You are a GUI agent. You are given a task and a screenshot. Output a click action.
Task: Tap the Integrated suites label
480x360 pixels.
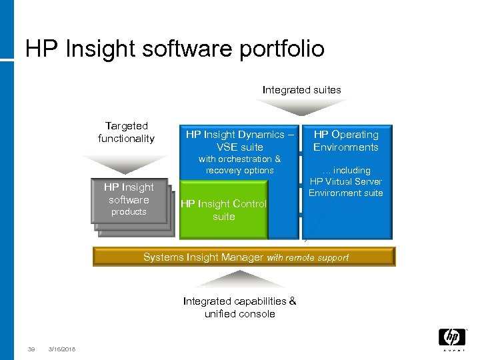tap(301, 89)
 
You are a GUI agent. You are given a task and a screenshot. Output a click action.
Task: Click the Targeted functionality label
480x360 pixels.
tap(126, 132)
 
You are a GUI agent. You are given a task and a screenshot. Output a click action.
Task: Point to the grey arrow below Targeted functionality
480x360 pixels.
tap(126, 164)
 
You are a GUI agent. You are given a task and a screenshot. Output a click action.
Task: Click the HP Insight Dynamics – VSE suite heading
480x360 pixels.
tap(239, 141)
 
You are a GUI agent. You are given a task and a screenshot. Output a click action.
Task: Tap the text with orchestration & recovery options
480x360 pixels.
tap(239, 165)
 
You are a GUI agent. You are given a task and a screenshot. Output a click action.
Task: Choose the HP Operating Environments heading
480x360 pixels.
tap(345, 141)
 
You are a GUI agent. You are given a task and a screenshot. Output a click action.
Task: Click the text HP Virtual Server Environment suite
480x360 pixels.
tap(345, 187)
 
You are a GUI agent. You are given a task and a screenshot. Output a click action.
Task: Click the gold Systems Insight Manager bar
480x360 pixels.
tap(244, 257)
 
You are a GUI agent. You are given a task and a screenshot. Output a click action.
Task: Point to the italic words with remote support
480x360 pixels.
tap(307, 257)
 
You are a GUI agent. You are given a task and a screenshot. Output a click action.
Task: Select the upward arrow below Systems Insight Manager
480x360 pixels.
tap(240, 281)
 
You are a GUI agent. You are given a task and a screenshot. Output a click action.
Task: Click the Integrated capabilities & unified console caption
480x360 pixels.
tap(239, 307)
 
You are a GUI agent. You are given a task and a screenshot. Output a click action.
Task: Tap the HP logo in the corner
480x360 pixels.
tap(451, 339)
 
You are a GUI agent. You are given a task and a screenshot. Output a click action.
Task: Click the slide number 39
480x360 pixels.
tap(31, 349)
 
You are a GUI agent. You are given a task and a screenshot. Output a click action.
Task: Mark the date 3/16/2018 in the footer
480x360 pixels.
tap(61, 349)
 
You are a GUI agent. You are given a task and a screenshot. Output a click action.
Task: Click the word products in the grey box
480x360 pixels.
tap(129, 212)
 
